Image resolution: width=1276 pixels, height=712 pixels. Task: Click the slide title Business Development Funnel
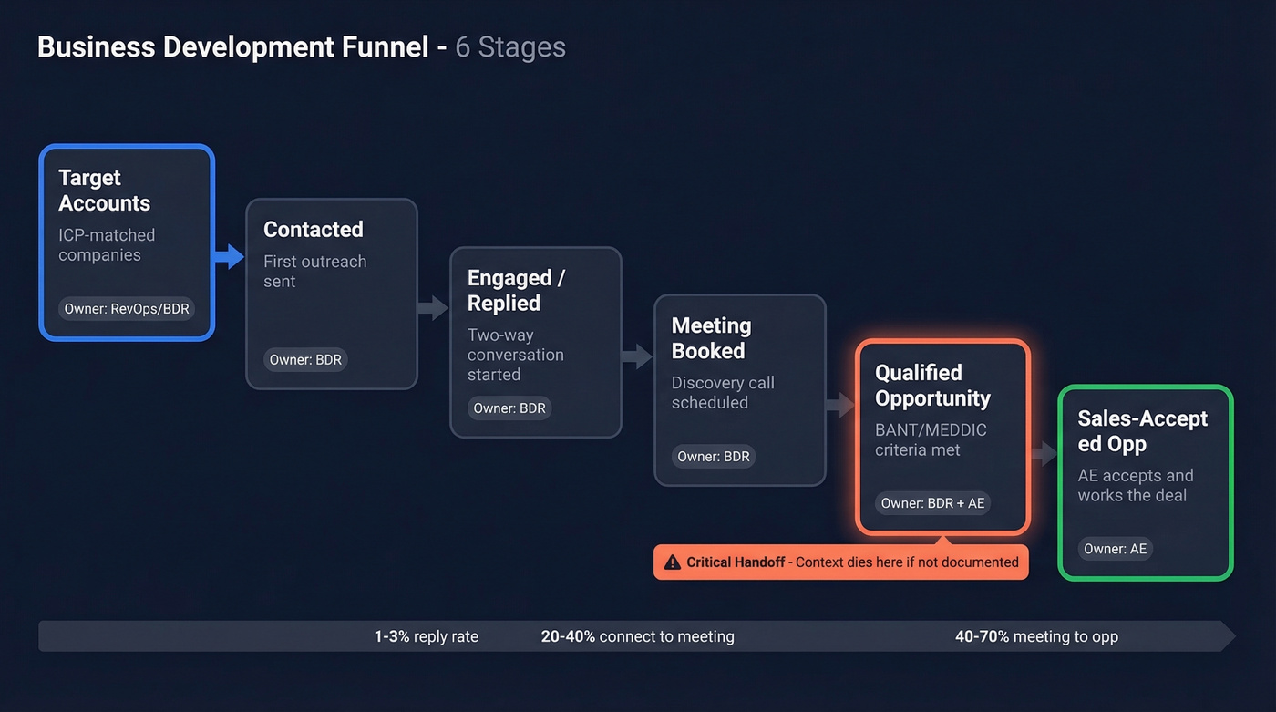(x=232, y=47)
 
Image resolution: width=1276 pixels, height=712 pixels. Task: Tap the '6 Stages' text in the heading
(x=510, y=47)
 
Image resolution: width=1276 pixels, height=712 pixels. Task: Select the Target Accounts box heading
(x=104, y=191)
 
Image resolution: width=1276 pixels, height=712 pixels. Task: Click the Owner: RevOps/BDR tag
(x=127, y=309)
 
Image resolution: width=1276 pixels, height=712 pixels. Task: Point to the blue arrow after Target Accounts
(x=229, y=257)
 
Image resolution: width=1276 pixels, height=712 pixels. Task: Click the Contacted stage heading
(x=314, y=230)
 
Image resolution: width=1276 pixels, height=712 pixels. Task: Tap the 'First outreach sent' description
(x=314, y=271)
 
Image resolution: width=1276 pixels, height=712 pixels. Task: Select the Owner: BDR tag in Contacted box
(x=305, y=360)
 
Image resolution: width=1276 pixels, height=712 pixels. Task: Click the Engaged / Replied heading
(x=516, y=291)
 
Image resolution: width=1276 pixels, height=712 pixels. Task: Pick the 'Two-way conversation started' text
(x=516, y=355)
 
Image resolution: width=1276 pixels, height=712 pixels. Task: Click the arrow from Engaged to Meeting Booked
(x=637, y=356)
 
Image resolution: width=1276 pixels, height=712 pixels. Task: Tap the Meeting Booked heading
(x=711, y=338)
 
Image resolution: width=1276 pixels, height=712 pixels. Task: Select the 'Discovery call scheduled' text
(x=722, y=393)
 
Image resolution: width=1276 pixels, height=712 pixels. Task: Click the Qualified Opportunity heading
(x=932, y=386)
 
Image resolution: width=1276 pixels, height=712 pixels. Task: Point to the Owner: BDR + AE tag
(x=932, y=503)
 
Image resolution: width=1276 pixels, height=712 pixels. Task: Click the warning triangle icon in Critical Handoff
(x=673, y=562)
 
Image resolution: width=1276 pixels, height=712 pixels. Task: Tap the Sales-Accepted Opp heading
(x=1142, y=431)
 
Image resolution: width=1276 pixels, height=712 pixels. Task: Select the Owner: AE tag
(x=1116, y=549)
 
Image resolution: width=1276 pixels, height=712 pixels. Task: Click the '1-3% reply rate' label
(x=426, y=636)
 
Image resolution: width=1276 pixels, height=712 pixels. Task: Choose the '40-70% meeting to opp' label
(x=1036, y=636)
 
